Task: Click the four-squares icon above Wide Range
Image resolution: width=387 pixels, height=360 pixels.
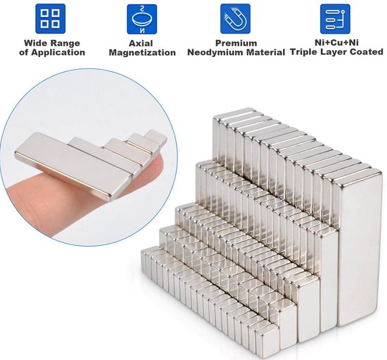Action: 50,19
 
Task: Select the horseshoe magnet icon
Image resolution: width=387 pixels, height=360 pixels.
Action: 235,19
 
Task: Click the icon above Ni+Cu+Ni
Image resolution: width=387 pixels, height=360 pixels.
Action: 335,19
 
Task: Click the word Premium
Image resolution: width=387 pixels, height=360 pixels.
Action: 236,42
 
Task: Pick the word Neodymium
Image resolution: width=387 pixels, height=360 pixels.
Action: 218,53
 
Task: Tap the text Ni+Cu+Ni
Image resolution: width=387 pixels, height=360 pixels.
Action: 335,42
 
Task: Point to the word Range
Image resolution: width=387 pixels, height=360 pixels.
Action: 65,42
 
